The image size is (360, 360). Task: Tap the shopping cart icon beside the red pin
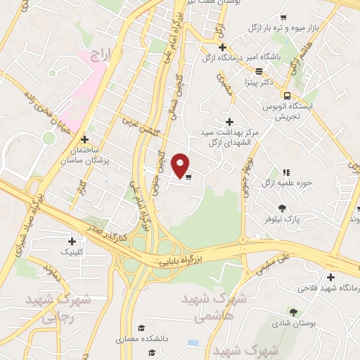(x=188, y=176)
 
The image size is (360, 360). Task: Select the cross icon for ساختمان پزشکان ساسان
(x=84, y=139)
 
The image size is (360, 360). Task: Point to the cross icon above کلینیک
(x=71, y=241)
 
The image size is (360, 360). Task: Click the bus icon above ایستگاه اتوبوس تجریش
(x=287, y=96)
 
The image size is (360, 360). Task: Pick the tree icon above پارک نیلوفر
(x=282, y=207)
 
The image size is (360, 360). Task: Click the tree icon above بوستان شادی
(x=292, y=311)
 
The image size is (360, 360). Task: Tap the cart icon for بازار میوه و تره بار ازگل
(x=283, y=18)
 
